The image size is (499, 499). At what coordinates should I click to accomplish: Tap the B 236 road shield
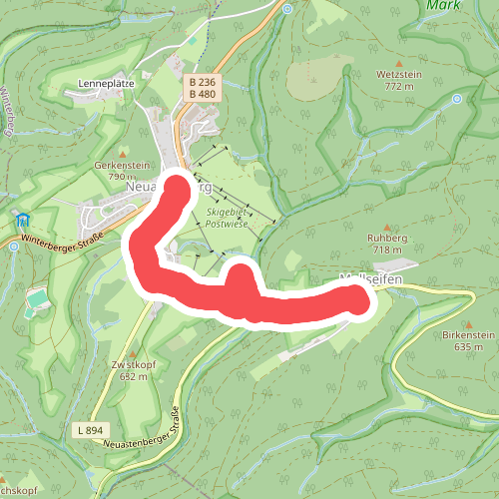click(202, 82)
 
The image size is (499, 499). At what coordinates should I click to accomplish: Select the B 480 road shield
click(202, 95)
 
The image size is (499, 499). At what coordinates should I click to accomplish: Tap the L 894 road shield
click(88, 430)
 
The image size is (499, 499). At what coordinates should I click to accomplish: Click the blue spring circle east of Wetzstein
click(457, 99)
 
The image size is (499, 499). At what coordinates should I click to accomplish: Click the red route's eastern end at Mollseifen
click(356, 298)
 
